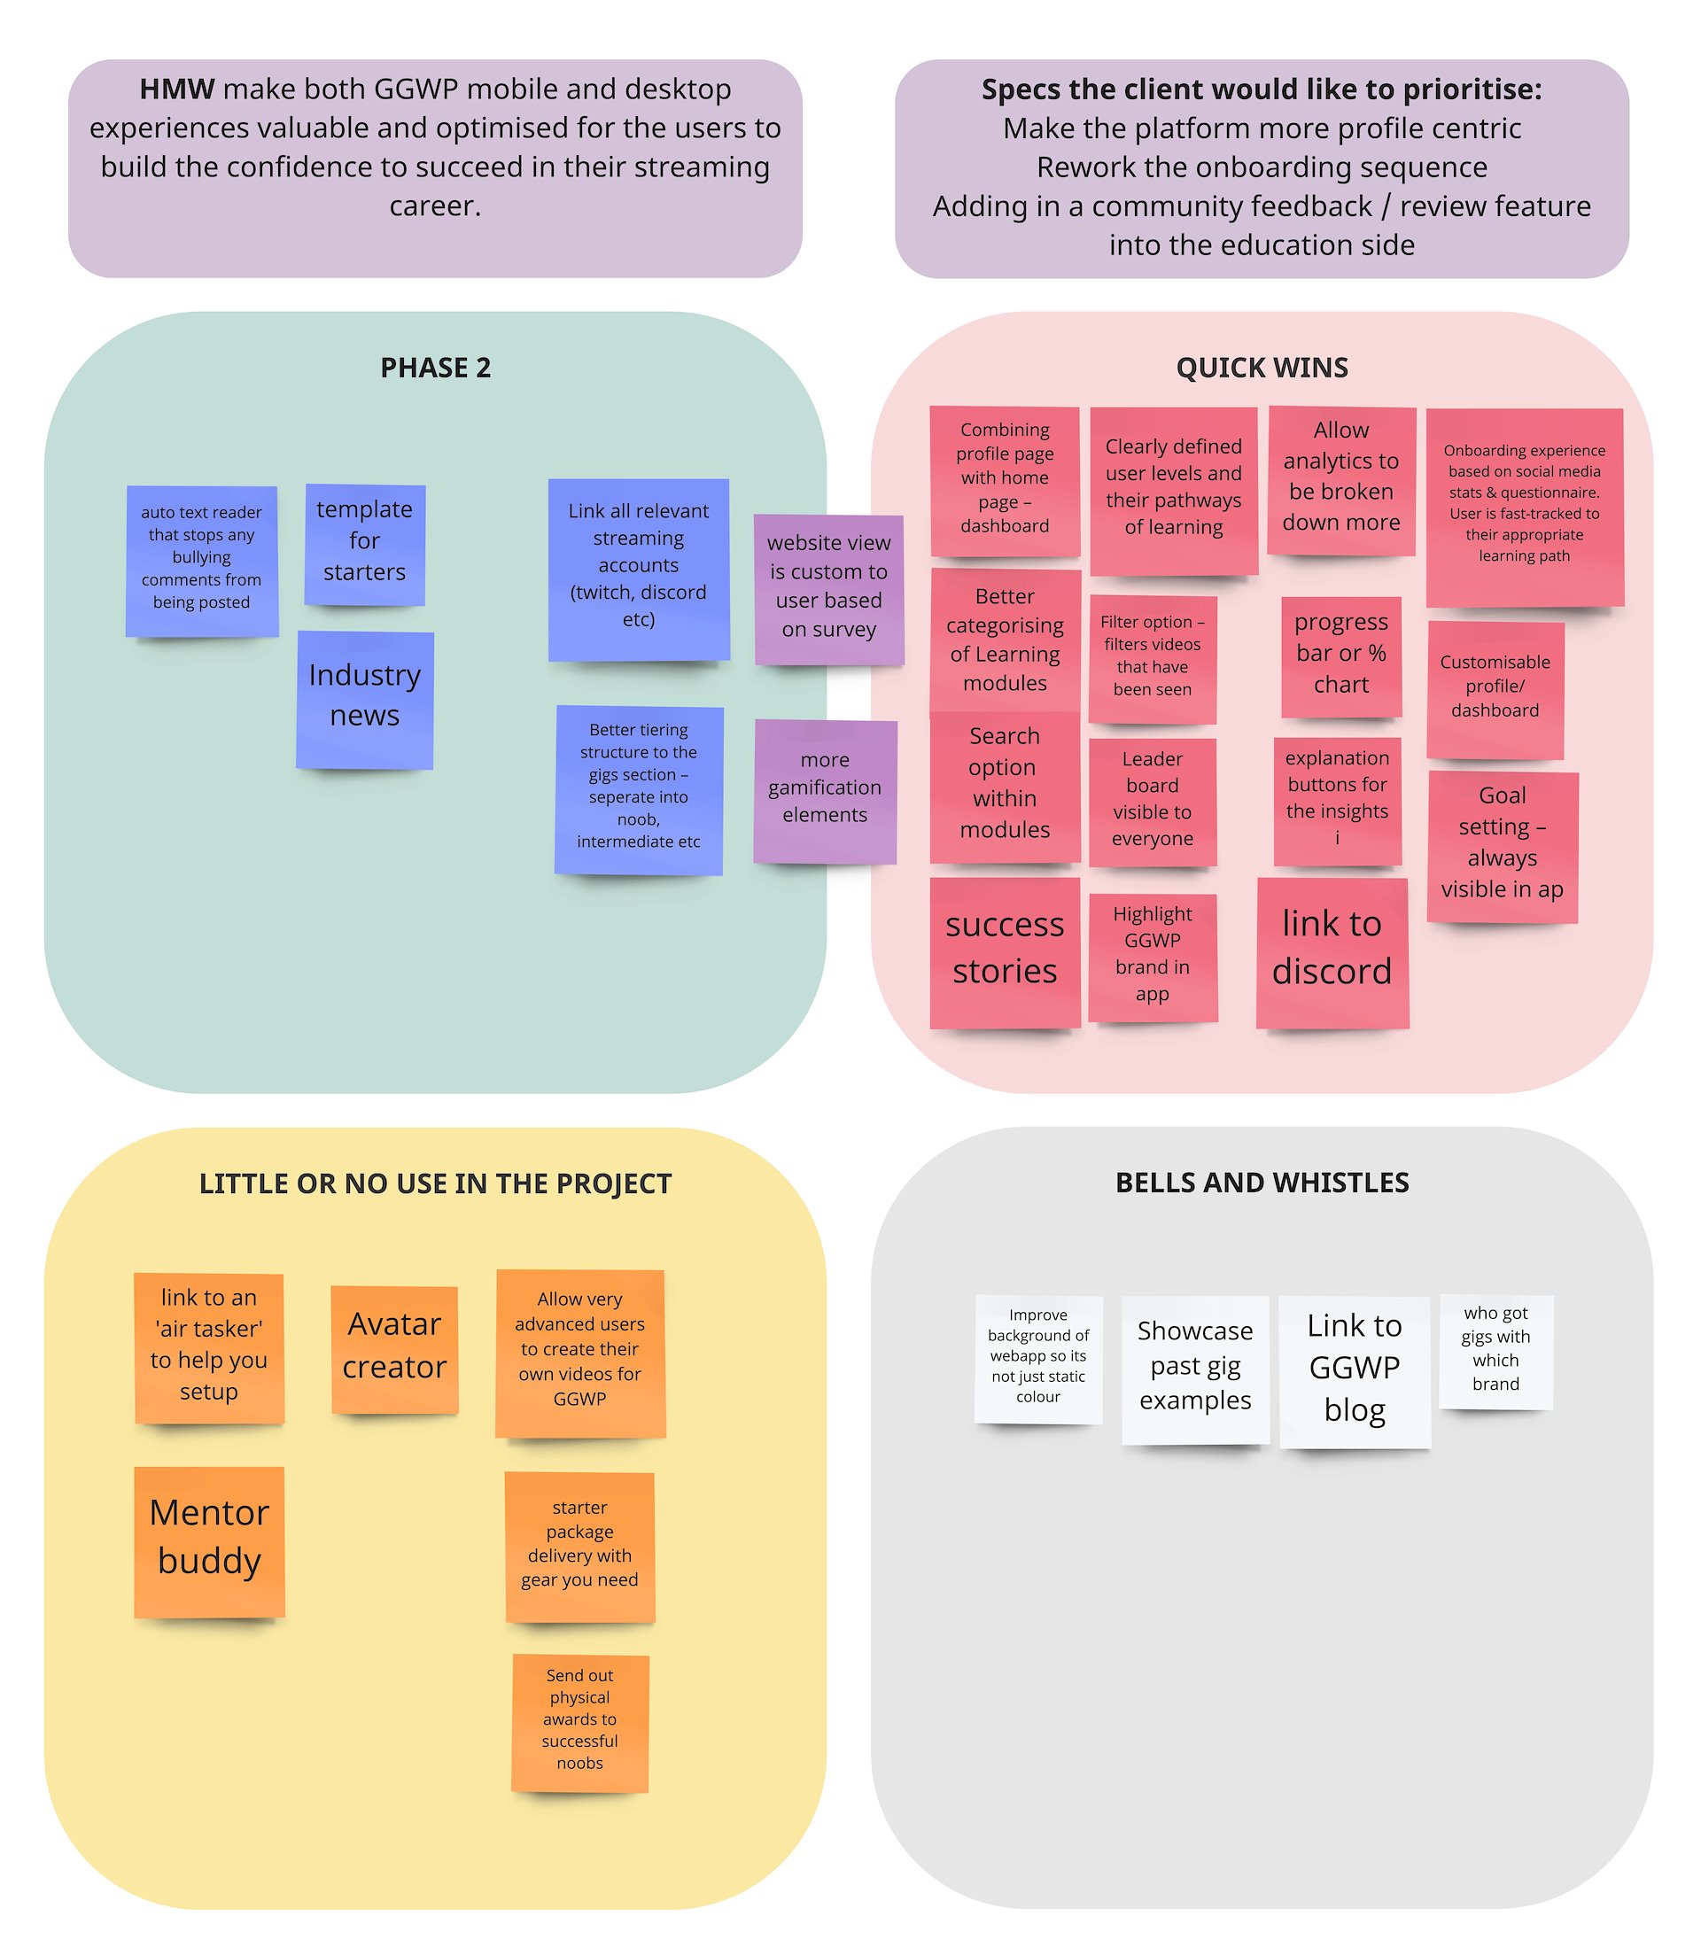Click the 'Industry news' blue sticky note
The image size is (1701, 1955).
(364, 700)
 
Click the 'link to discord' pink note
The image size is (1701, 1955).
(1332, 952)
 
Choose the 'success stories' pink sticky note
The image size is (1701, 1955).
(1005, 952)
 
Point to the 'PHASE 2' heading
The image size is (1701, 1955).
(436, 369)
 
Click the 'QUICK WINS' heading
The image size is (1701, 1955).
(1262, 369)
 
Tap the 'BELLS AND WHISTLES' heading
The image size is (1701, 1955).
(1262, 1183)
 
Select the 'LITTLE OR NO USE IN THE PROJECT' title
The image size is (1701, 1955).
(436, 1183)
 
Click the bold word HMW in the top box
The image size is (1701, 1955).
(176, 89)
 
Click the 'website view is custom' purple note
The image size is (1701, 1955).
(828, 589)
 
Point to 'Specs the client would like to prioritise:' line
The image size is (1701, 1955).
(1262, 89)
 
